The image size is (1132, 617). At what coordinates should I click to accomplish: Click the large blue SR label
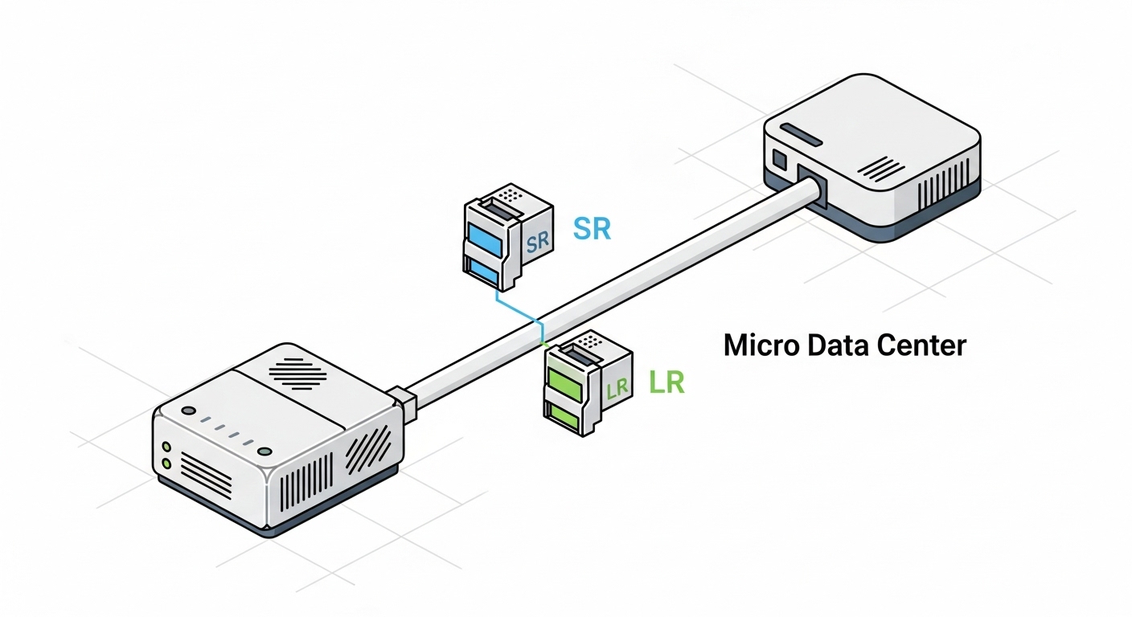(592, 229)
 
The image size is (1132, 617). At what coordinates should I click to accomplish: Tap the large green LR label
(666, 382)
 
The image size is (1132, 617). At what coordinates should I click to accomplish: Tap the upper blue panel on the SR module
(484, 238)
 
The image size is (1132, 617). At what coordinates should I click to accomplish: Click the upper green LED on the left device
(167, 447)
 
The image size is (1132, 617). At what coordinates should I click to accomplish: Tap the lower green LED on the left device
(167, 464)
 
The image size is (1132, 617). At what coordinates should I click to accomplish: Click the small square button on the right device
(778, 158)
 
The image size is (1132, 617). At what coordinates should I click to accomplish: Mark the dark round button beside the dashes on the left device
(189, 411)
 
